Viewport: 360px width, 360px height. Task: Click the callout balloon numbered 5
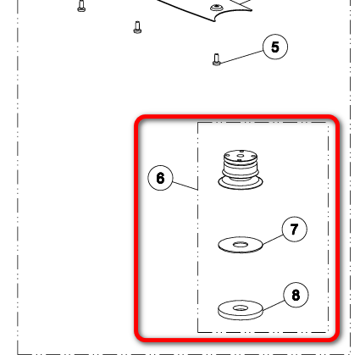tap(275, 47)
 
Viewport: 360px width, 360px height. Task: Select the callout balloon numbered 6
tap(160, 178)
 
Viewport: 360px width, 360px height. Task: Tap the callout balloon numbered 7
tap(295, 229)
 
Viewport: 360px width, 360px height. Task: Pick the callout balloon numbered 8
tap(296, 295)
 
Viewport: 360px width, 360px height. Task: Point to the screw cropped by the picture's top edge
tap(81, 6)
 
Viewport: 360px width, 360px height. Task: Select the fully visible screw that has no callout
tap(137, 27)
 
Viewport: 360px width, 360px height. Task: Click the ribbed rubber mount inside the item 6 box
tap(241, 169)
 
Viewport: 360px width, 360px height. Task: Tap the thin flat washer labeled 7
tap(241, 245)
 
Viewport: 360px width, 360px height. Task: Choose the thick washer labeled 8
tap(241, 310)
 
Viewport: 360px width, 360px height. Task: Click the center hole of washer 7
tap(241, 244)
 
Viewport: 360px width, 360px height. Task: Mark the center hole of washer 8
tap(241, 308)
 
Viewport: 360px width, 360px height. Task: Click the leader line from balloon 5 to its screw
tap(241, 57)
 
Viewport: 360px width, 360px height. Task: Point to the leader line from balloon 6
tap(185, 186)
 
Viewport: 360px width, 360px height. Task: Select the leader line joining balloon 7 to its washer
tap(273, 240)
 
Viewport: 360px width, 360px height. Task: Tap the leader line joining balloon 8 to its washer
tap(274, 306)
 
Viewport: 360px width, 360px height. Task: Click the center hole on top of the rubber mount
tap(241, 155)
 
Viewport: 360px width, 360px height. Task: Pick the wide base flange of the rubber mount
tap(241, 183)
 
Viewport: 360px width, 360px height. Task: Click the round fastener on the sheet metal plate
tap(216, 7)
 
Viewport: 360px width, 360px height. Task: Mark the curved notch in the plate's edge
tap(232, 14)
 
